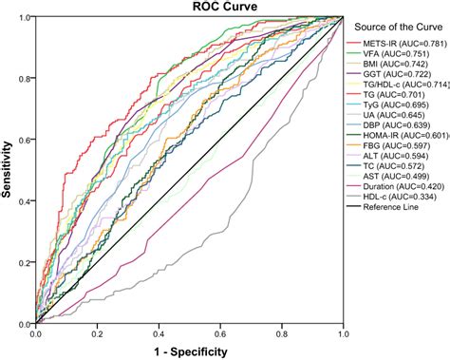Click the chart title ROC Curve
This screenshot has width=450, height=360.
pos(188,8)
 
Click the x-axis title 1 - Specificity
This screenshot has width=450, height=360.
pos(189,352)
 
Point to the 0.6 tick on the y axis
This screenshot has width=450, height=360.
pos(25,140)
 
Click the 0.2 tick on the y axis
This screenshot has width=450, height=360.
pos(25,262)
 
